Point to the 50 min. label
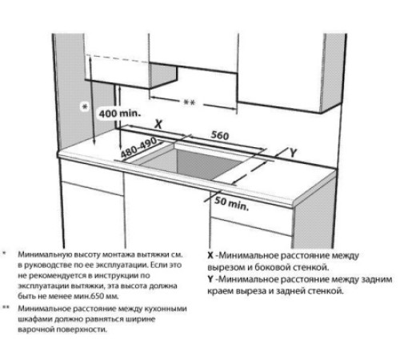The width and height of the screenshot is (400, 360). click(x=232, y=202)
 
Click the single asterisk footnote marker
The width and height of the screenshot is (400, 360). click(x=6, y=252)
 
